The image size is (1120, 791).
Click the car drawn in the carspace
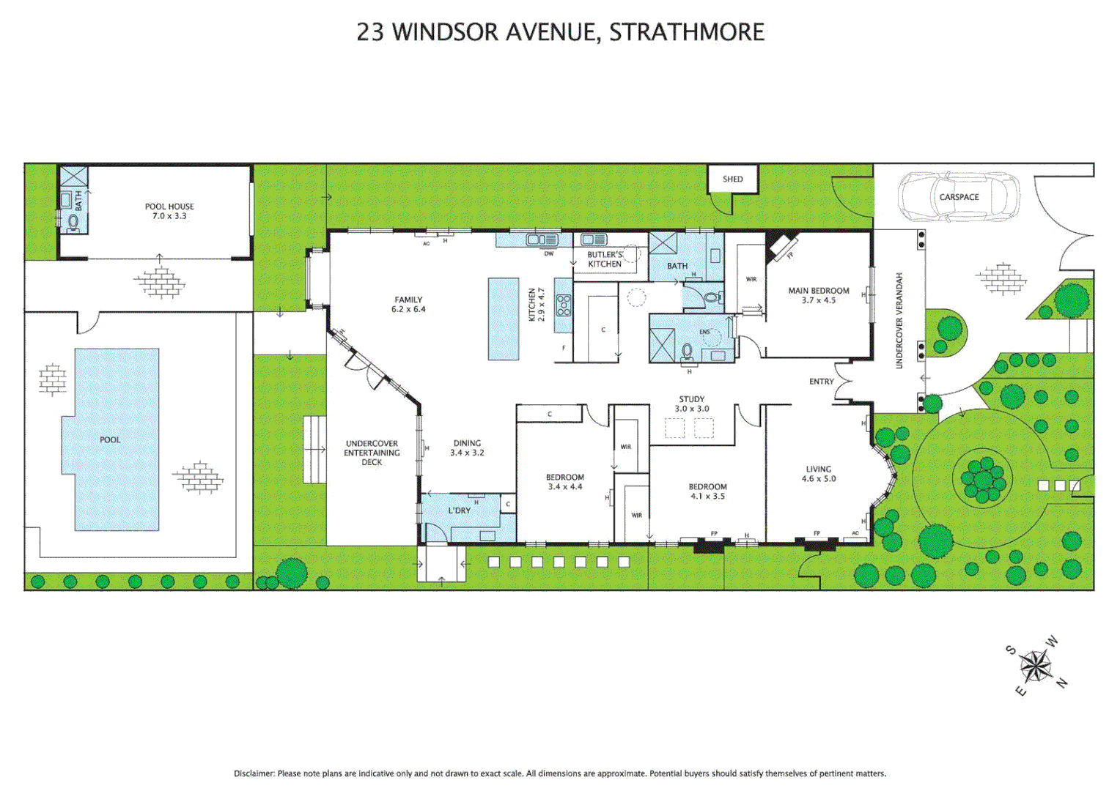click(959, 196)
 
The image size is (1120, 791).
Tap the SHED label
click(732, 179)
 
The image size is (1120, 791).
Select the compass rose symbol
click(1036, 666)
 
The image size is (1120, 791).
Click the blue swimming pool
click(116, 439)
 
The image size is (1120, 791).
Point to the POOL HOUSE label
click(169, 211)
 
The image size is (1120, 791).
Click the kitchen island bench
click(504, 319)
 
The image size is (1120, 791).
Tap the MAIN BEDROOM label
click(819, 295)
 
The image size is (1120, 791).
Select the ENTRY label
click(821, 382)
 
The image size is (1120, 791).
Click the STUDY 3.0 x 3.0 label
click(691, 404)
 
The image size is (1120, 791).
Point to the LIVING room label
click(818, 474)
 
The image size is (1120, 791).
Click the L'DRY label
click(459, 510)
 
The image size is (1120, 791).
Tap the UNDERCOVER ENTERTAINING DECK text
click(372, 453)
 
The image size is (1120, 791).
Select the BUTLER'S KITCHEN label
click(605, 259)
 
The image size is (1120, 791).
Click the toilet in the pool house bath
click(73, 222)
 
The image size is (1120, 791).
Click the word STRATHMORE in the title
click(687, 32)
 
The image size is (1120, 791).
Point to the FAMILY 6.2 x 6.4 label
click(408, 304)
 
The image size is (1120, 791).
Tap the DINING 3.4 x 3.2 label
click(467, 448)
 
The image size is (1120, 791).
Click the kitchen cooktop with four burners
click(563, 304)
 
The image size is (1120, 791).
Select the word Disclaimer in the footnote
click(254, 773)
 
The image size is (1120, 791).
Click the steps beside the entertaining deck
click(314, 449)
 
